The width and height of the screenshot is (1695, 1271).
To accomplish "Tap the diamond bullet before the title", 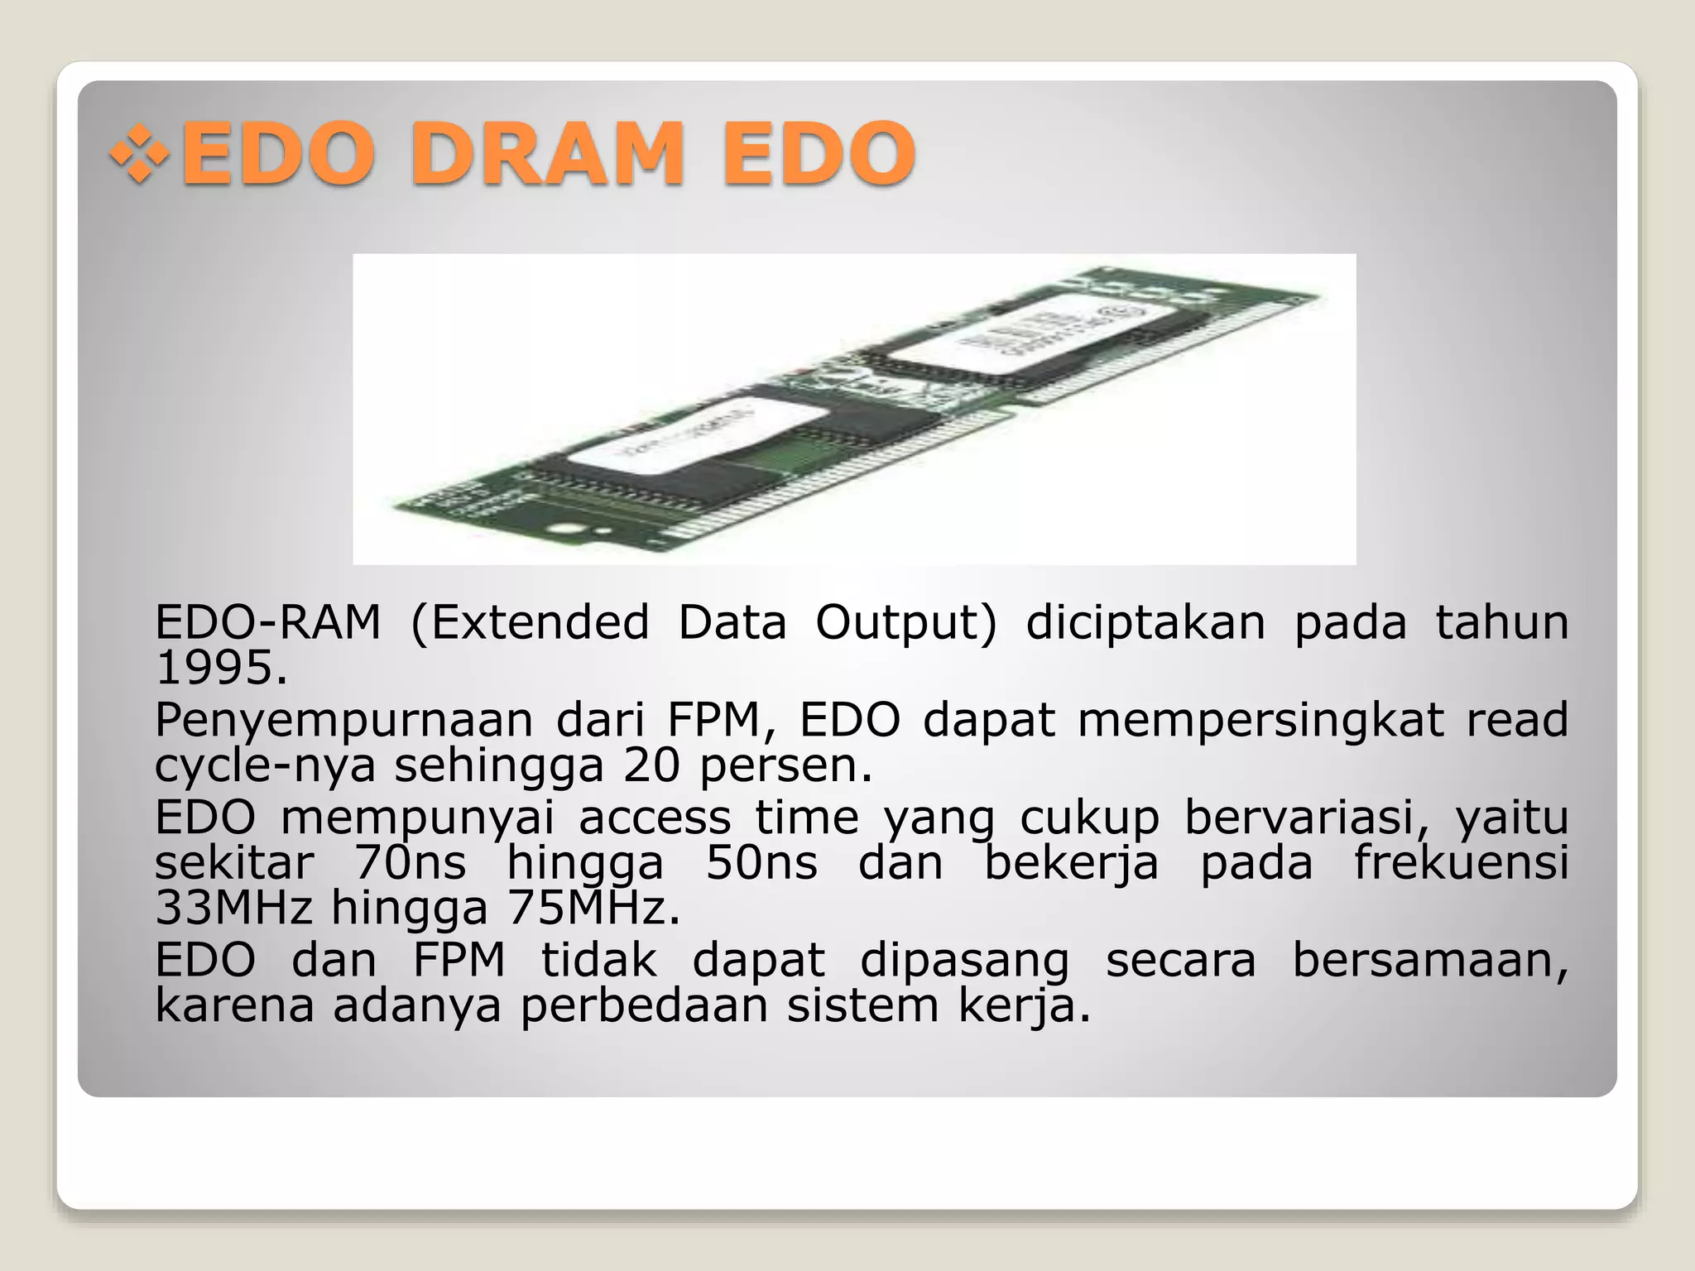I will [x=140, y=155].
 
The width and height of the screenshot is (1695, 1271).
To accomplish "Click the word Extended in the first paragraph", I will [x=530, y=622].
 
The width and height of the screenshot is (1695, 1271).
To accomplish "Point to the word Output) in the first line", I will [x=907, y=622].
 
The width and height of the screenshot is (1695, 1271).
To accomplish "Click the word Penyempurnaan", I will [x=343, y=719].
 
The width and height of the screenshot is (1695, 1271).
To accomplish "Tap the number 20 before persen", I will [x=651, y=765].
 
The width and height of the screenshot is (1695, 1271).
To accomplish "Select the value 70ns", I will [x=410, y=862].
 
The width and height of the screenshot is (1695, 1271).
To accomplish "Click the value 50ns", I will [x=761, y=862].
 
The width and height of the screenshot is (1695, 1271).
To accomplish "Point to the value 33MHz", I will [x=234, y=908].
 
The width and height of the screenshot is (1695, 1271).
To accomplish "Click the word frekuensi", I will [x=1461, y=862].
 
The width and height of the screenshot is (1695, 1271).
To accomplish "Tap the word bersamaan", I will [x=1429, y=960].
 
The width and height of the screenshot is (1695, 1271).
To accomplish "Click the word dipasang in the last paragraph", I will [x=964, y=960].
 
